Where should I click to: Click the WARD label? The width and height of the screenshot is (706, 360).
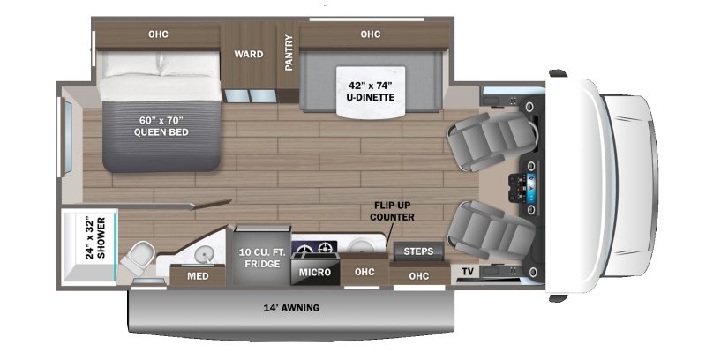[x=248, y=55]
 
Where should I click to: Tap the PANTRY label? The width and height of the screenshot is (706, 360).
[x=289, y=52]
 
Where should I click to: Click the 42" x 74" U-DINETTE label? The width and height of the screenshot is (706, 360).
[x=370, y=92]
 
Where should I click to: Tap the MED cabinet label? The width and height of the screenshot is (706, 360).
[x=198, y=275]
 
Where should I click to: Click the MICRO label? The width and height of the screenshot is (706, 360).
[x=314, y=272]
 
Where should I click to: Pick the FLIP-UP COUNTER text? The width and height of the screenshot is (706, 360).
[x=392, y=211]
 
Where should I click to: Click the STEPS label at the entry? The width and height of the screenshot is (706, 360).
[x=418, y=251]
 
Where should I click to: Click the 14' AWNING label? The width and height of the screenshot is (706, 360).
[x=290, y=308]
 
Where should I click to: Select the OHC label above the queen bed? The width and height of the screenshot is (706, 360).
[x=158, y=34]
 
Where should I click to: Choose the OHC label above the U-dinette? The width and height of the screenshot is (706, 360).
[x=370, y=34]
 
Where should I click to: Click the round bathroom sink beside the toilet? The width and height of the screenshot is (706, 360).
[x=202, y=254]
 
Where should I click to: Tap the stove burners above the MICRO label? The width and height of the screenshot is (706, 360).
[x=315, y=248]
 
